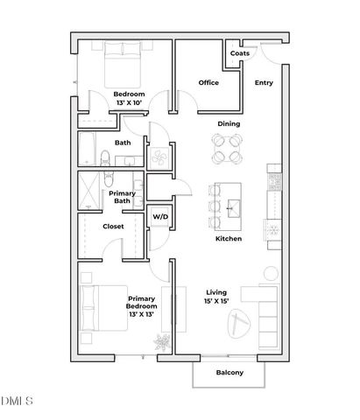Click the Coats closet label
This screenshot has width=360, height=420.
239,53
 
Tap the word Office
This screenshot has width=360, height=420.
208,83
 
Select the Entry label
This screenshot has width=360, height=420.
264,83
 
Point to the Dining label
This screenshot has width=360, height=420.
229,123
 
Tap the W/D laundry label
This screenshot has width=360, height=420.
160,216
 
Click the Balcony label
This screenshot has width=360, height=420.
229,374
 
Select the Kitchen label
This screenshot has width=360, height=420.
229,239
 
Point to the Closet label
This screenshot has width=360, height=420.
113,226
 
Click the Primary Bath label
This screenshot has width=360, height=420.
122,197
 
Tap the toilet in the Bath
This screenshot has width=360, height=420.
105,158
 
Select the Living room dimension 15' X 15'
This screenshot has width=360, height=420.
216,302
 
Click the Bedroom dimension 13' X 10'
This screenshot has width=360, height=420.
129,103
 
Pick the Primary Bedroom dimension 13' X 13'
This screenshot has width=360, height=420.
142,313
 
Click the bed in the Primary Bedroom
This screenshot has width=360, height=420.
92,308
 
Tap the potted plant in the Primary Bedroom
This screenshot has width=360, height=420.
161,341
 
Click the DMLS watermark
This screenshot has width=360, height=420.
17,402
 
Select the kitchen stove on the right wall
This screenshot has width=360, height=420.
274,179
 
